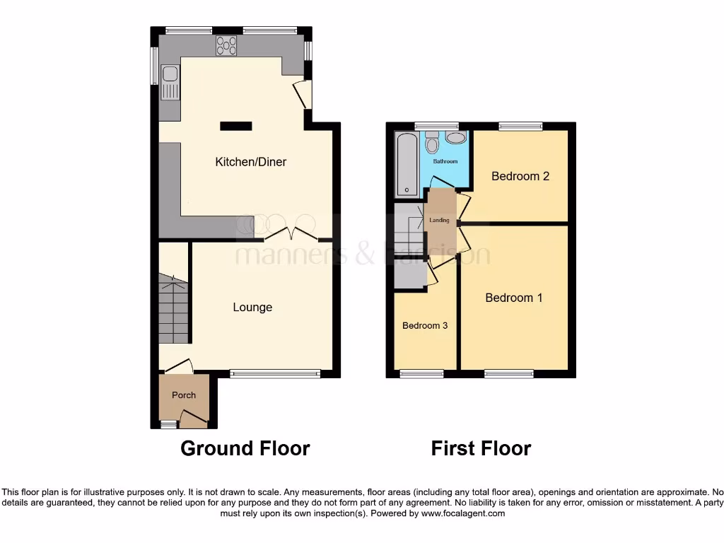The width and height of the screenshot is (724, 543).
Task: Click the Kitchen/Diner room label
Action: click(x=251, y=162)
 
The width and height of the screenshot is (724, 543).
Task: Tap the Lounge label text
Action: click(x=252, y=307)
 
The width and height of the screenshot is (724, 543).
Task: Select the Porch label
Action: click(x=184, y=395)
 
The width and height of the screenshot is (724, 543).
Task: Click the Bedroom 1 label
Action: click(x=514, y=298)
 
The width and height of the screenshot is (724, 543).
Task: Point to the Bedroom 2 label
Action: click(x=520, y=176)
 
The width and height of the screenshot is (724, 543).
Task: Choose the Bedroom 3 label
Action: click(x=425, y=326)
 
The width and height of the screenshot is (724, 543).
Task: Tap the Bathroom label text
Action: click(x=445, y=162)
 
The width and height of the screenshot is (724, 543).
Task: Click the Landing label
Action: click(x=439, y=221)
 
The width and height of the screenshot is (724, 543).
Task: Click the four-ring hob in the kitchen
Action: click(x=226, y=45)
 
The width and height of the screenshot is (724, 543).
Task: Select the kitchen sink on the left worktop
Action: click(x=170, y=82)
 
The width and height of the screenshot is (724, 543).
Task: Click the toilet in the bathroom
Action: click(x=432, y=144)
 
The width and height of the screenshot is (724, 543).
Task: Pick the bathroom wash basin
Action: click(x=456, y=138)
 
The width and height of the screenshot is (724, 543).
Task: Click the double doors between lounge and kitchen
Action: click(x=295, y=233)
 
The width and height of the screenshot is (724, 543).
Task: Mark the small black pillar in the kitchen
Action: click(x=235, y=126)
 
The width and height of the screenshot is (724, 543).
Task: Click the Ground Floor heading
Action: click(x=245, y=448)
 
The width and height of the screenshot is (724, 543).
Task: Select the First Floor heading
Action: click(x=481, y=448)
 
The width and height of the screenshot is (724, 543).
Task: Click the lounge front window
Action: click(x=275, y=373)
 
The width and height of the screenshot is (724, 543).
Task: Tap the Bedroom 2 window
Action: click(x=520, y=127)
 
